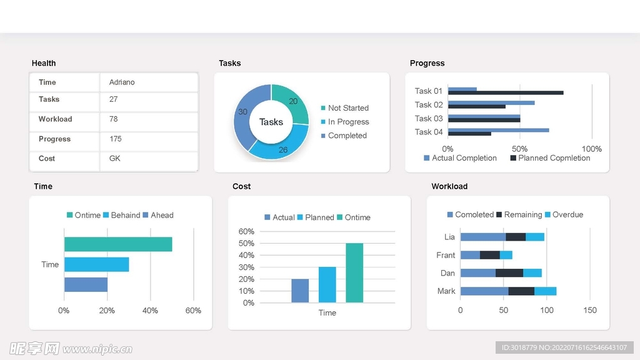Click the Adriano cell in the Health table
click(x=122, y=82)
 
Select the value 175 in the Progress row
click(x=116, y=139)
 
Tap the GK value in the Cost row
click(x=115, y=159)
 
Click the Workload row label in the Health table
click(x=55, y=119)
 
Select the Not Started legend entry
click(x=347, y=108)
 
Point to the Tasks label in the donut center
click(x=271, y=122)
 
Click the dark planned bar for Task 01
click(x=506, y=92)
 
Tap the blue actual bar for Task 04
click(x=498, y=130)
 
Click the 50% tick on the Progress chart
click(x=519, y=149)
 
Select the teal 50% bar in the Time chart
click(x=117, y=244)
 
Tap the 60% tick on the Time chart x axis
click(x=193, y=311)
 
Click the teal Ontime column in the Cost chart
click(x=354, y=272)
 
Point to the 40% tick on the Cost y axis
click(x=247, y=255)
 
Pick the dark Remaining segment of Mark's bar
click(x=521, y=291)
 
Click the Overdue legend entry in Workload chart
click(x=567, y=214)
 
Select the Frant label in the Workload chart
click(x=446, y=255)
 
